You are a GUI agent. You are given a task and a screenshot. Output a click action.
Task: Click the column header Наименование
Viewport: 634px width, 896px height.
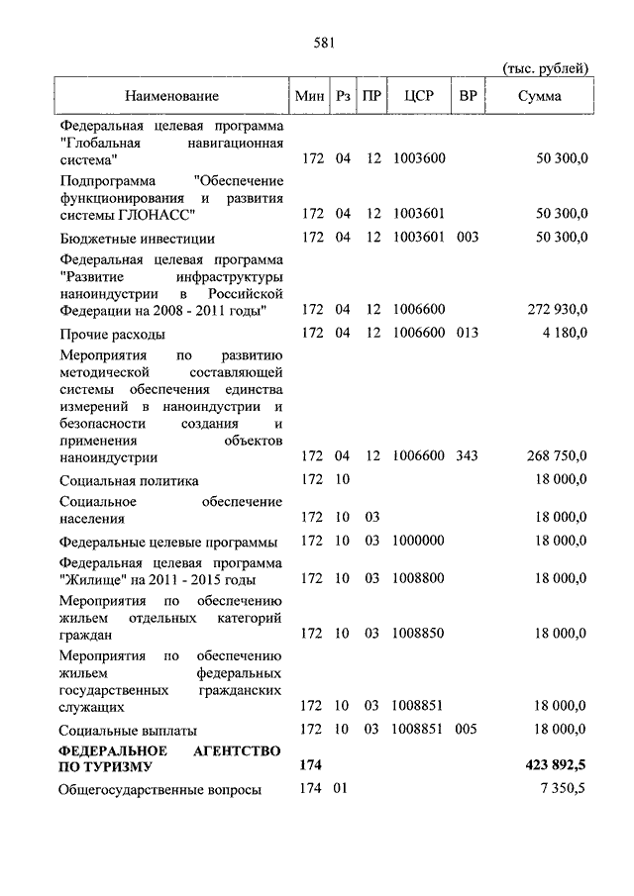[x=171, y=96]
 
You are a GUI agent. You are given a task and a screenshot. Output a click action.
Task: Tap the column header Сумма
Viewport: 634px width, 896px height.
[x=540, y=96]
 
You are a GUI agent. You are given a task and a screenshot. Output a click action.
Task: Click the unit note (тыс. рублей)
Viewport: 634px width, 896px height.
[x=546, y=68]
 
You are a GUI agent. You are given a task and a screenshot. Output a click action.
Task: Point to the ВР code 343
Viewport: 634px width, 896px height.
[x=468, y=456]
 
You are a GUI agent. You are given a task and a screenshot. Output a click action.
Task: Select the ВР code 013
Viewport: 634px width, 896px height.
[x=468, y=333]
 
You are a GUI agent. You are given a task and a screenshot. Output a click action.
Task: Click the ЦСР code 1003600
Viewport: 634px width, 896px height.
[x=418, y=158]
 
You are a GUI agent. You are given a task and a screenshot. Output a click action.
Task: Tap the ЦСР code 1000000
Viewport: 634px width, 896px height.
[x=418, y=541]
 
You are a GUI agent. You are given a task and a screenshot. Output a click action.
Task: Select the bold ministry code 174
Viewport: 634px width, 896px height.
[x=312, y=766]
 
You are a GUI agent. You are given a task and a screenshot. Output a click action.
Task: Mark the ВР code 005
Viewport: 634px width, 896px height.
[x=468, y=730]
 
